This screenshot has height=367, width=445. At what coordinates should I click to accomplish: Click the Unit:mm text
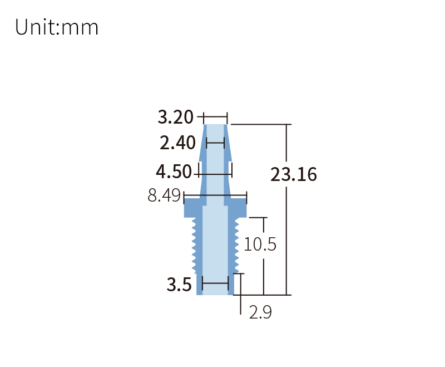tap(57, 27)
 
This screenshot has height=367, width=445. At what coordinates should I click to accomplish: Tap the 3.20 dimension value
tap(175, 117)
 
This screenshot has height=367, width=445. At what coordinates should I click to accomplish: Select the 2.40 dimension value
tap(177, 143)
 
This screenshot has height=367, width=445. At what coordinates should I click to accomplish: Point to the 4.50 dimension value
tap(174, 172)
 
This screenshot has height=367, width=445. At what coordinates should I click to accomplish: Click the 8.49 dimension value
tap(164, 195)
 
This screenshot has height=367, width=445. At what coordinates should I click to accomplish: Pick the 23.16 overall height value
tap(294, 174)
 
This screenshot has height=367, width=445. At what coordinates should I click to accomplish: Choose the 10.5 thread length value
tap(260, 244)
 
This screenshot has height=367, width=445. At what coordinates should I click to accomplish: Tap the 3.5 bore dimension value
tap(179, 285)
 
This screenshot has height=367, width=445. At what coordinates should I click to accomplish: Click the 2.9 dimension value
tap(260, 312)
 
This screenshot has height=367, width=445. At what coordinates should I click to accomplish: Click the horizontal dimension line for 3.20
tap(215, 116)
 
